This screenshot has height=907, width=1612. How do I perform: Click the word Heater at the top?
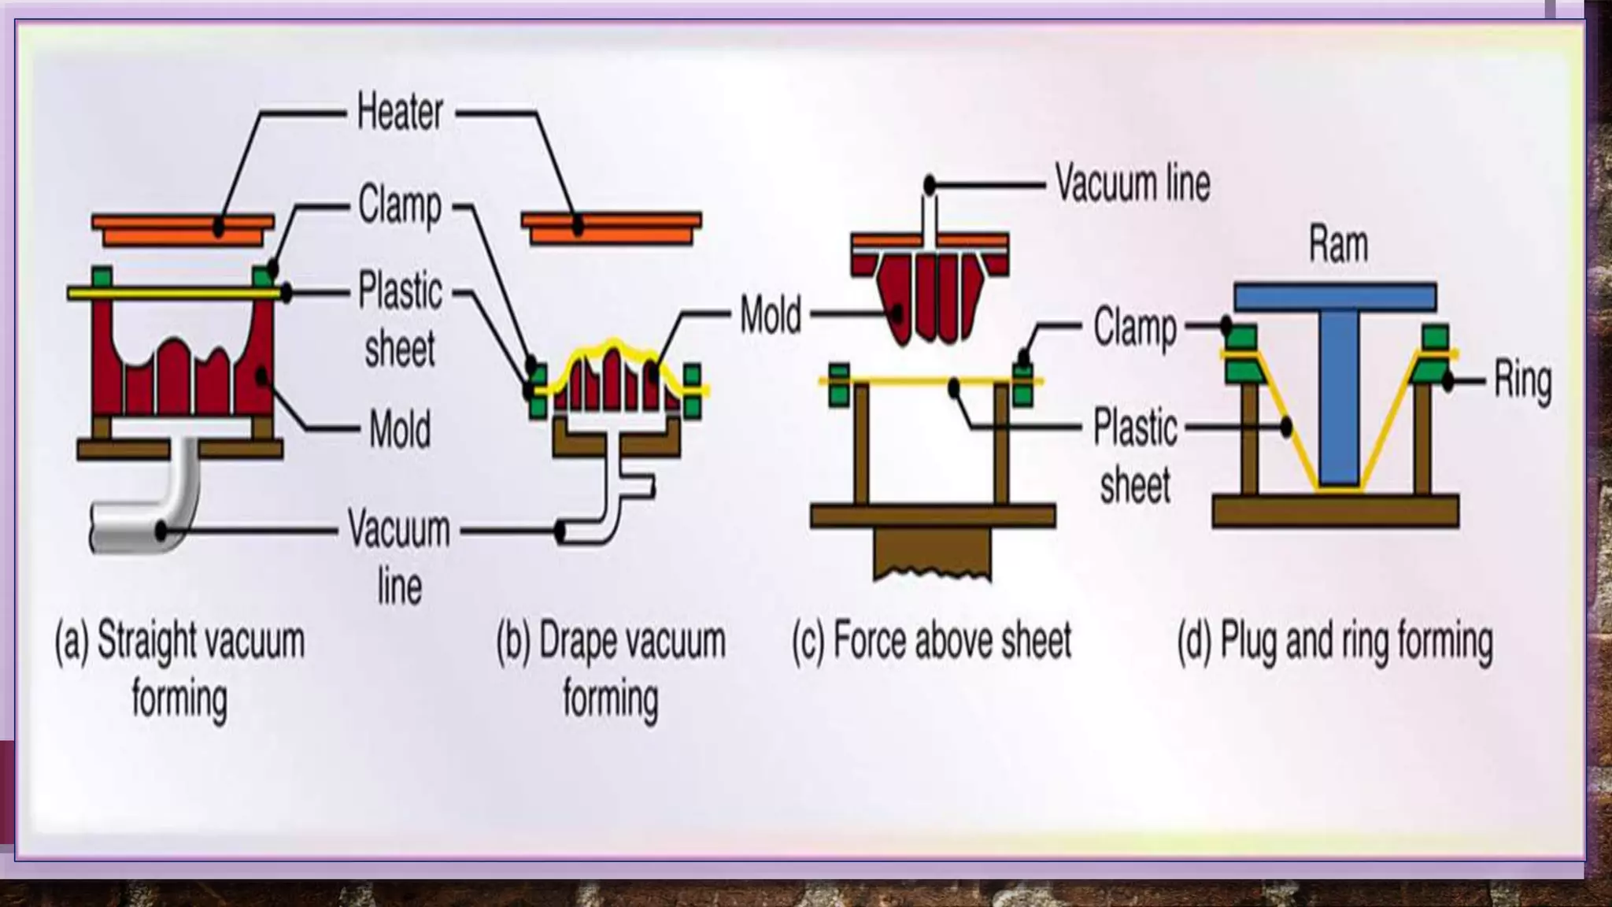point(400,113)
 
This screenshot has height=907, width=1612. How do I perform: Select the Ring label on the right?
point(1522,382)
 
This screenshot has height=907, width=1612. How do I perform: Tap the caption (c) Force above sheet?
point(932,640)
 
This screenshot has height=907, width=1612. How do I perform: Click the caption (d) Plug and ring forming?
point(1335,642)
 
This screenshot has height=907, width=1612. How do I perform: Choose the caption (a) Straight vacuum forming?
point(179,669)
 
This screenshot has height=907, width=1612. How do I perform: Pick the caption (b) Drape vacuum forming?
point(611,669)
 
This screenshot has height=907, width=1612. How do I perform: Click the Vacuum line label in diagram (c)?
point(1132,183)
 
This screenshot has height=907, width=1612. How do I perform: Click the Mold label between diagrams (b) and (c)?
point(771,315)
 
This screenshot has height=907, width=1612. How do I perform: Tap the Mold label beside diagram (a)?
point(400,430)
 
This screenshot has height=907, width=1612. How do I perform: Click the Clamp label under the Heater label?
point(400,205)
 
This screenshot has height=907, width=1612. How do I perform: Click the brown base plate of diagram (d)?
point(1335,510)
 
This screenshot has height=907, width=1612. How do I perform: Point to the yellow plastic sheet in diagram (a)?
point(173,294)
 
